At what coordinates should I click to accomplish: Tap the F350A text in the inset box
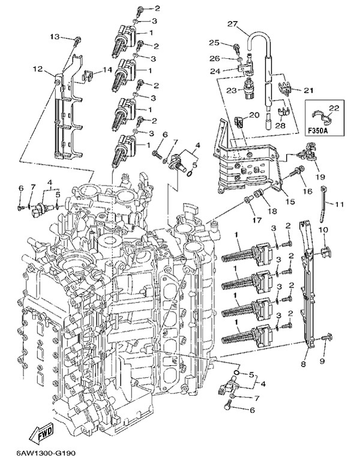[319, 130]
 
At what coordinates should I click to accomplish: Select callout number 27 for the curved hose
[232, 24]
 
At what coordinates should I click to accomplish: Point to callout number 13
[55, 37]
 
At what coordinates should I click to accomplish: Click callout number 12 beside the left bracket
[38, 69]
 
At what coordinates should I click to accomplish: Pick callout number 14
[107, 70]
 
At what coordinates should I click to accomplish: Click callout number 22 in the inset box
[334, 108]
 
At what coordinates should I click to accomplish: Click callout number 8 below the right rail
[303, 364]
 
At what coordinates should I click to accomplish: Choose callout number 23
[232, 90]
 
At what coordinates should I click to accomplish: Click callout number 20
[254, 115]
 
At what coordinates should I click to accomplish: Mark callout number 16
[308, 192]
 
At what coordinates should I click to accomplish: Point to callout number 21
[308, 90]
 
